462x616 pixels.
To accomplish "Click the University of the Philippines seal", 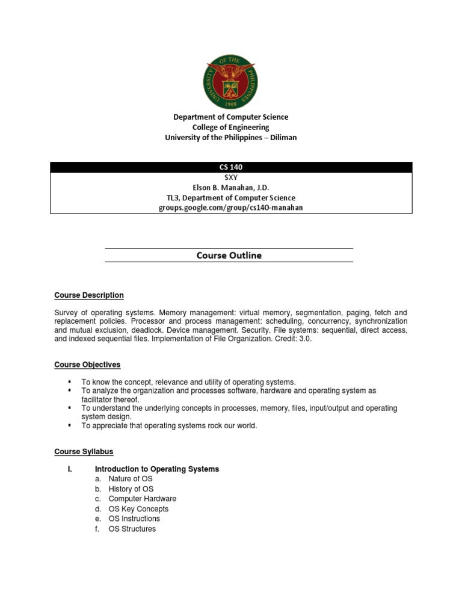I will point(231,78).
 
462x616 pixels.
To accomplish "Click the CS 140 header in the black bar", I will point(231,167).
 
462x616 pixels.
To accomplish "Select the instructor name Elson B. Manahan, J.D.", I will point(231,188).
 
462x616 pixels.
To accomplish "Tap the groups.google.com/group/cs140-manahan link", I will point(231,208).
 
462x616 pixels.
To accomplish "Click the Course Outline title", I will point(229,255).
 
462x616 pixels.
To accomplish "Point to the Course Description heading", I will point(89,295).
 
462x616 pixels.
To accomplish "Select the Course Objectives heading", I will point(87,365).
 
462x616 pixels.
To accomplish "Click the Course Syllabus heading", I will point(84,451).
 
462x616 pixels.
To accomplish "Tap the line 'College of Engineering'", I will point(231,128).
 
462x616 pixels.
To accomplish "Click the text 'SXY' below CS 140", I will point(231,177).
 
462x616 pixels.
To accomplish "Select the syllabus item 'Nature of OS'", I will point(131,479).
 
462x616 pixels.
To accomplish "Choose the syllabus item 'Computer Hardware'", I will point(143,499).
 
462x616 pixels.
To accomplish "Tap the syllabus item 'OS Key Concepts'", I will point(138,509).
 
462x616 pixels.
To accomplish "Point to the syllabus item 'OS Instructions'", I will point(134,519).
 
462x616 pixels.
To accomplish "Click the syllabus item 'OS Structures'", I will point(132,529).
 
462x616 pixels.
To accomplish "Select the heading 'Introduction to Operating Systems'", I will point(157,469).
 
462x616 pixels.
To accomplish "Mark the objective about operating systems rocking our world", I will point(169,426).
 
